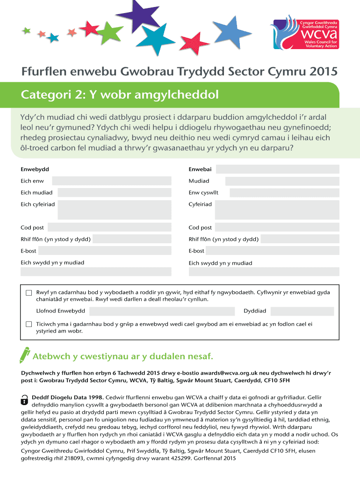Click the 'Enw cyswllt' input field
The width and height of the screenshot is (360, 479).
tap(283, 193)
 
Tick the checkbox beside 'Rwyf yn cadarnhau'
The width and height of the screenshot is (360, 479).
tap(29, 293)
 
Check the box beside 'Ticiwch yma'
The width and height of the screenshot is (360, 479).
tap(29, 324)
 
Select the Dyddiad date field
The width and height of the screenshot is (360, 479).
tap(302, 311)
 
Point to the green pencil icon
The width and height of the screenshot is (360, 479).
tap(24, 355)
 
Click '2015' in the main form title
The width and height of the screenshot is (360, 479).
tap(323, 72)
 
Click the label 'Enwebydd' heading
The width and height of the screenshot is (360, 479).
tap(35, 169)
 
